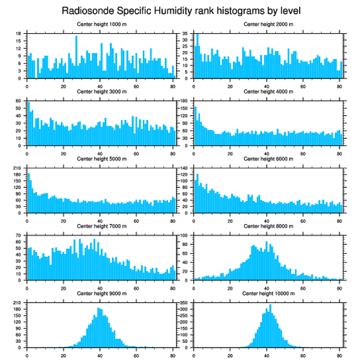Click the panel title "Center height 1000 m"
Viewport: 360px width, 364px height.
point(101,24)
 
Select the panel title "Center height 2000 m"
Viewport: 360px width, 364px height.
point(268,24)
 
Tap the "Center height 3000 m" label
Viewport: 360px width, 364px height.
point(101,91)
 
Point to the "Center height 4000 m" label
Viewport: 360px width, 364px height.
point(268,91)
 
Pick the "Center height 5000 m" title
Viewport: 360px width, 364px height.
point(101,159)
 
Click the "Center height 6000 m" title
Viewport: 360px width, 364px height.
point(268,159)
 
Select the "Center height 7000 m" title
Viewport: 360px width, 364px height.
point(101,226)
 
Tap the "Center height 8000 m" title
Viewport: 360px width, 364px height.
point(268,226)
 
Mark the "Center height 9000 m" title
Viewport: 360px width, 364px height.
point(101,293)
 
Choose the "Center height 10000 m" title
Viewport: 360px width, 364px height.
point(268,293)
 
